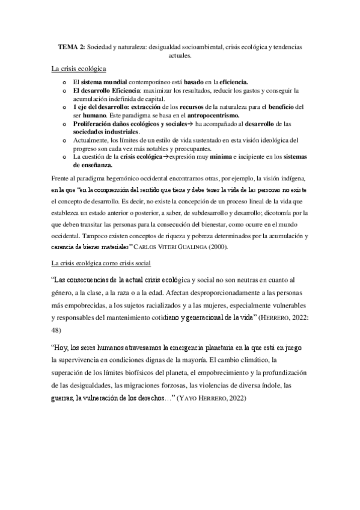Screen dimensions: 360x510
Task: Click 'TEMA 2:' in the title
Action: [x=70, y=46]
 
